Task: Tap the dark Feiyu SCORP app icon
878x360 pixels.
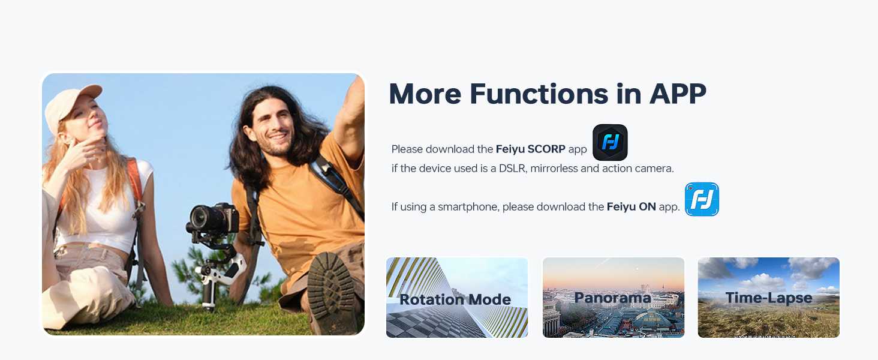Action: (610, 142)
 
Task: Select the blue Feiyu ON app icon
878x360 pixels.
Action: (702, 199)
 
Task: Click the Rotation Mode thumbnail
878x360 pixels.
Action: (456, 298)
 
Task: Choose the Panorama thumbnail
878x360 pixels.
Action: (613, 298)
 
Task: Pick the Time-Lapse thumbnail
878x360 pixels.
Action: (768, 298)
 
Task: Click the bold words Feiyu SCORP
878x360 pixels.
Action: (530, 149)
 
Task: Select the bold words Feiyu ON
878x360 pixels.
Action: (631, 207)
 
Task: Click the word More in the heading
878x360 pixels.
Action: (425, 94)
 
